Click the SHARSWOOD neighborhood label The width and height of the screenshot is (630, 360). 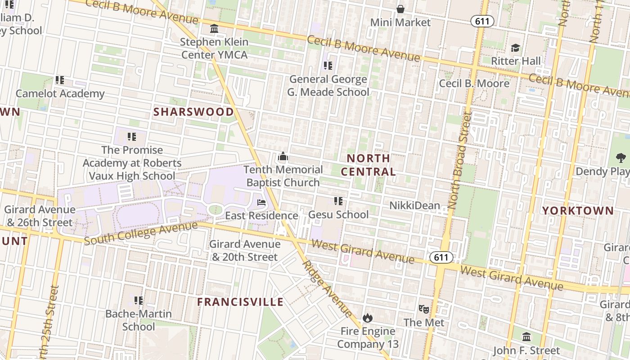point(193,112)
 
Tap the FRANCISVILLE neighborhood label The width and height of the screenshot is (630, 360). point(240,302)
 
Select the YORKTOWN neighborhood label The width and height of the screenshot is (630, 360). point(578,211)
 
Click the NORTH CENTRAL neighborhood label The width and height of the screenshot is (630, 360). point(368,165)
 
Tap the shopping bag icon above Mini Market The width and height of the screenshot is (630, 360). point(400,9)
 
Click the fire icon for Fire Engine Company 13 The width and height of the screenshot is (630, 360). point(368,318)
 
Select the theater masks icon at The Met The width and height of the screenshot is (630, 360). point(423,309)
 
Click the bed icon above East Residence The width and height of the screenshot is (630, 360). point(261,202)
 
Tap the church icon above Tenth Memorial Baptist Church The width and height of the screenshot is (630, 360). point(283,157)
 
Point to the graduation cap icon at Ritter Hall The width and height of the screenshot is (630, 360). point(515,48)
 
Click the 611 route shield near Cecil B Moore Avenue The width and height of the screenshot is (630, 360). point(482,21)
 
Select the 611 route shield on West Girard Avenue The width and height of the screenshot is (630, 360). point(441,257)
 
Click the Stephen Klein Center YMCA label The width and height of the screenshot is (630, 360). point(214,48)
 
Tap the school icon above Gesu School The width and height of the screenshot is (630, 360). point(338,201)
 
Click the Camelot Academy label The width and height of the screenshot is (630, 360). point(60,94)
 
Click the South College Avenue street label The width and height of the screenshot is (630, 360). point(140,233)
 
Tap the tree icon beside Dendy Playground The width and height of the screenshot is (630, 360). point(621,158)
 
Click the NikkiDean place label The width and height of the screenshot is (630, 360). point(414,206)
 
